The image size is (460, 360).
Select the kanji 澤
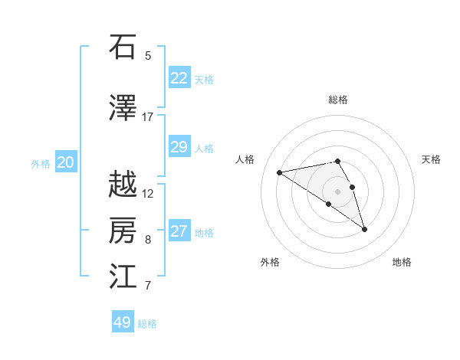[x=123, y=109]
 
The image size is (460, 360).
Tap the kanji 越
[x=123, y=185]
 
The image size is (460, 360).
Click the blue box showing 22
[x=179, y=78]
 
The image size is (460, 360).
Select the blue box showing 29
[x=179, y=147]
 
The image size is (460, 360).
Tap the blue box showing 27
[x=179, y=231]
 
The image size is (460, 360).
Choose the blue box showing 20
[x=66, y=162]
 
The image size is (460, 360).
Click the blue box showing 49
[x=123, y=322]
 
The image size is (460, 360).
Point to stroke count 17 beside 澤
[x=148, y=117]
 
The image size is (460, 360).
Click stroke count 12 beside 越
[x=148, y=194]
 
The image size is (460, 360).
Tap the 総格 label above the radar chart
[x=338, y=100]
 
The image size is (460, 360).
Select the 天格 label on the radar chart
[x=431, y=159]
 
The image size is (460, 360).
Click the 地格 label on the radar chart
[x=402, y=262]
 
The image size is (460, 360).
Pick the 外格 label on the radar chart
[x=270, y=262]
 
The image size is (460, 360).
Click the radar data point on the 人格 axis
[x=279, y=172]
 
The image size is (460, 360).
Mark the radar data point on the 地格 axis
[x=364, y=229]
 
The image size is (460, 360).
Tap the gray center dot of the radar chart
[x=337, y=191]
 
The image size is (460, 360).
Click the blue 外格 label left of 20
[x=40, y=163]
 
